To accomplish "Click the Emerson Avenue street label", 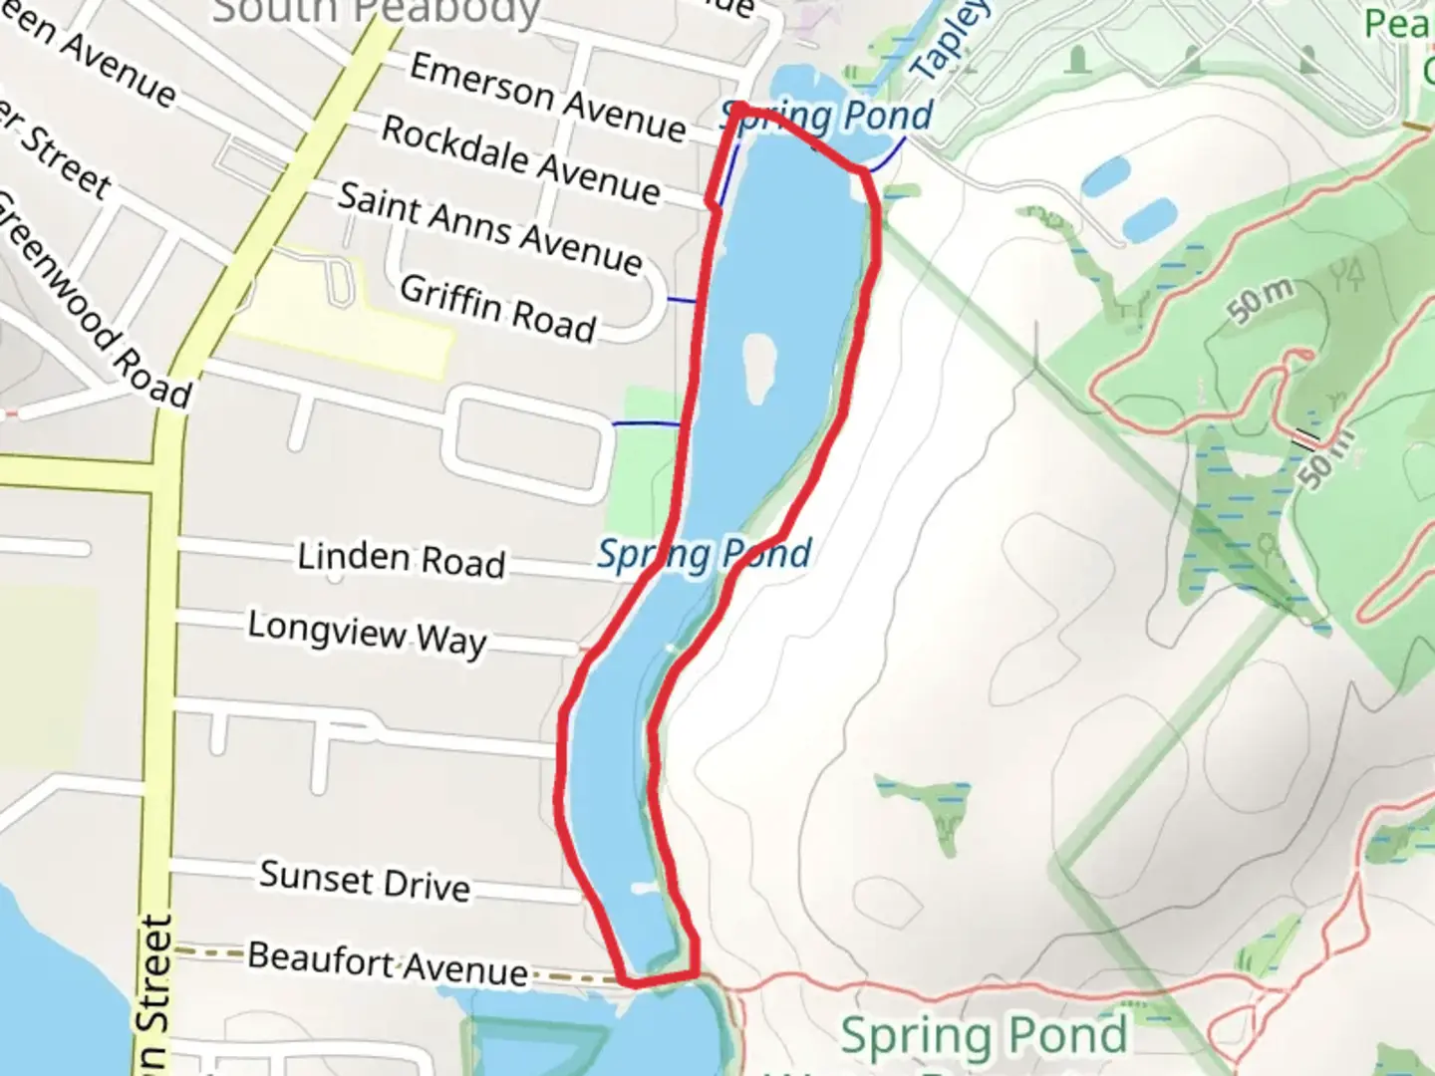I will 547,97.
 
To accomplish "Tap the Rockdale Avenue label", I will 520,159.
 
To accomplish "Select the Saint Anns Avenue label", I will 489,228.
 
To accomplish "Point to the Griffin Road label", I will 497,308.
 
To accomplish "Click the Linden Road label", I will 401,559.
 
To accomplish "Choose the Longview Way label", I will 367,633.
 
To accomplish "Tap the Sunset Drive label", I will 364,880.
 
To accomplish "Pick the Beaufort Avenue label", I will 388,962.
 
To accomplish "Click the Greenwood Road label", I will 95,299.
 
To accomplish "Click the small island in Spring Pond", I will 759,367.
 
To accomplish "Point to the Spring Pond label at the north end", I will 827,117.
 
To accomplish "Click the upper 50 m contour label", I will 1261,301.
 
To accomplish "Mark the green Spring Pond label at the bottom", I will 984,1036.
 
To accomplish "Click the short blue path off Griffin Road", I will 682,300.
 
